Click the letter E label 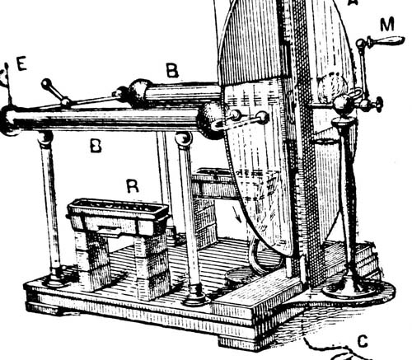point(21,64)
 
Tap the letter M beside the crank point(387,25)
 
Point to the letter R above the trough point(133,185)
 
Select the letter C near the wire point(363,342)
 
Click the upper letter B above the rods point(172,70)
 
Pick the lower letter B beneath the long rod point(96,145)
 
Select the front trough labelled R point(118,216)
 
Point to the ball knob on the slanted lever point(46,83)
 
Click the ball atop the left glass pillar point(45,137)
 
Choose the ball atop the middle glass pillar point(184,138)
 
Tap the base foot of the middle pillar point(196,296)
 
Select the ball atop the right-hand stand point(343,105)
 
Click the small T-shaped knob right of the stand point(379,104)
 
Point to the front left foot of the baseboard point(43,308)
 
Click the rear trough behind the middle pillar point(213,183)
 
